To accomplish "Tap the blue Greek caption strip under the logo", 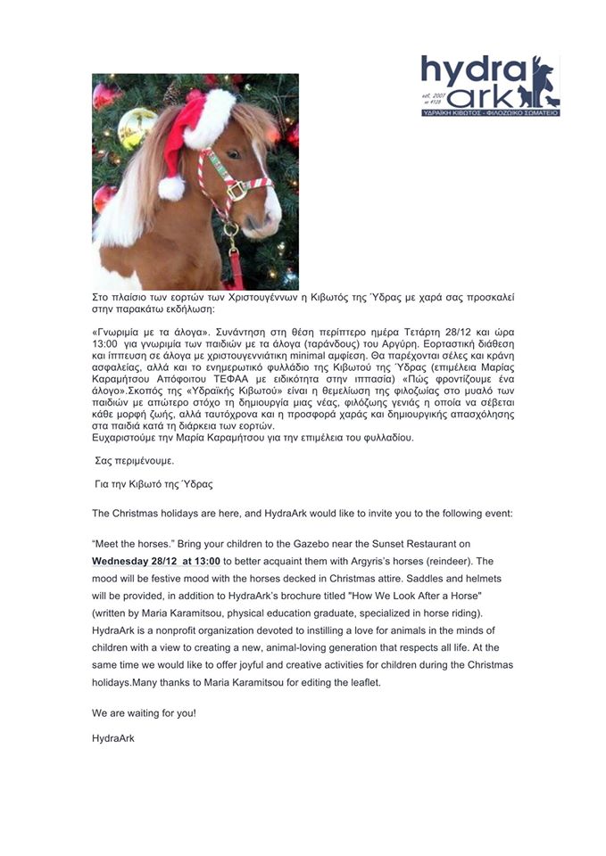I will (x=490, y=114).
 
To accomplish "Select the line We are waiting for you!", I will (x=144, y=713).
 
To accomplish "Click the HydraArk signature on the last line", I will (x=112, y=739).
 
